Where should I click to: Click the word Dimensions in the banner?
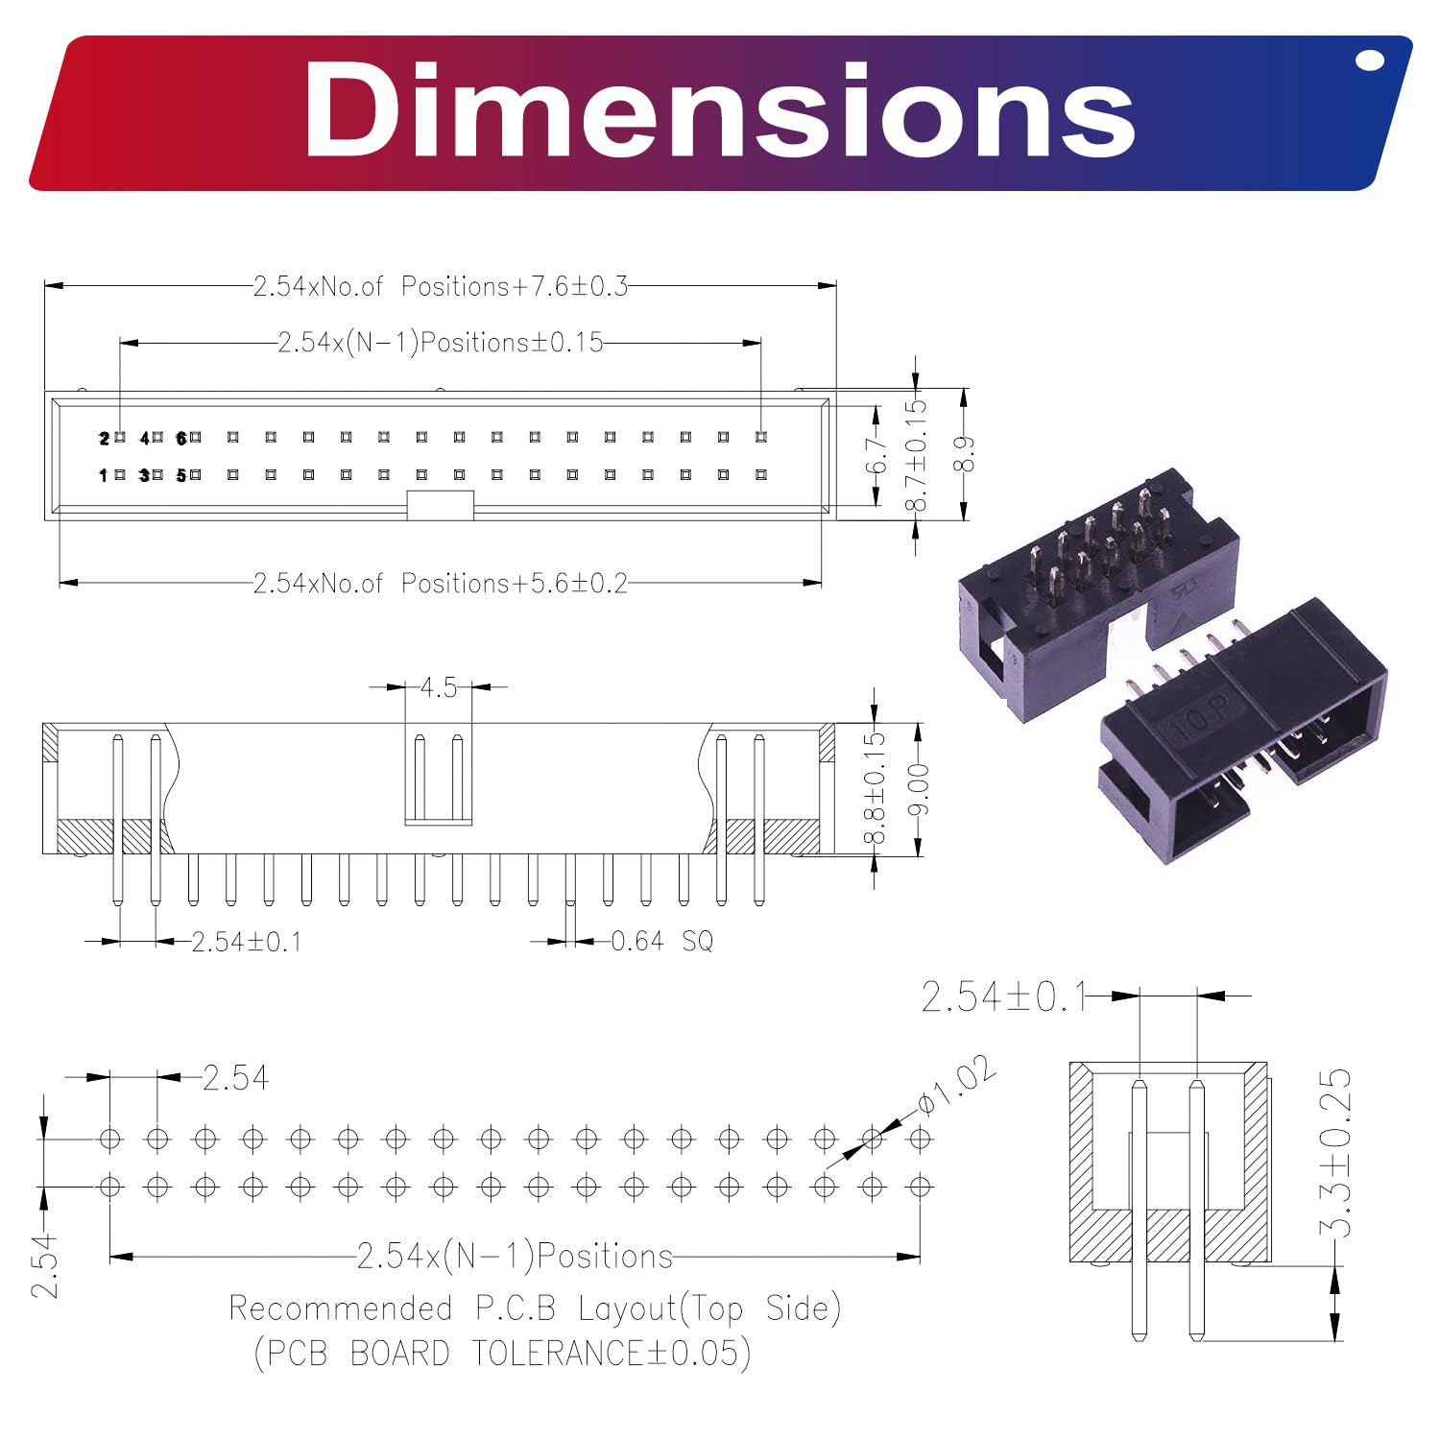(x=720, y=111)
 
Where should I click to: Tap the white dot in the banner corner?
(x=1370, y=60)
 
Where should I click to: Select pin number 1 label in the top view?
(x=104, y=475)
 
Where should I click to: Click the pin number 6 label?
(x=181, y=438)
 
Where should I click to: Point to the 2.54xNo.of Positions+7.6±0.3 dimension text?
(x=441, y=286)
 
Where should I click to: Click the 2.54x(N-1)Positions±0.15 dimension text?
(x=441, y=342)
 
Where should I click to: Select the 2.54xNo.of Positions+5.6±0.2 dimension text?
(x=441, y=583)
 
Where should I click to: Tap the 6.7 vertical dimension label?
(x=876, y=455)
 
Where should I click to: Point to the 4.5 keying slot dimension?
(x=439, y=687)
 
